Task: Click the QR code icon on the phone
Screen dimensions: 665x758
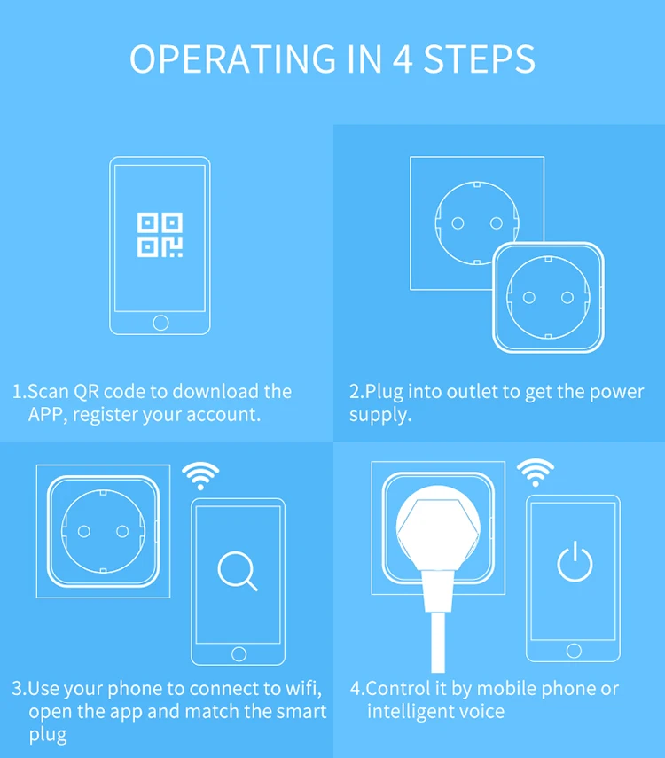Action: pyautogui.click(x=160, y=235)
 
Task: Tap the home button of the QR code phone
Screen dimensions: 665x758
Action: pyautogui.click(x=160, y=323)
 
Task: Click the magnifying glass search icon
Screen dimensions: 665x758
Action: pyautogui.click(x=237, y=571)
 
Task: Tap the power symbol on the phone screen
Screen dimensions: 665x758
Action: pyautogui.click(x=575, y=562)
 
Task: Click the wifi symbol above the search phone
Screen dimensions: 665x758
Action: pyautogui.click(x=200, y=474)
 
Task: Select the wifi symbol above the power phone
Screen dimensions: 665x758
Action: pyautogui.click(x=535, y=472)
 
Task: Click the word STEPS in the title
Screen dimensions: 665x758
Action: pyautogui.click(x=480, y=59)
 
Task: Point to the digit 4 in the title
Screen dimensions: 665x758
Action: pyautogui.click(x=402, y=59)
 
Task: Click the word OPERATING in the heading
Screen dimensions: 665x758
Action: pyautogui.click(x=232, y=59)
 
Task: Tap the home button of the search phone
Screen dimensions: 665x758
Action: pyautogui.click(x=239, y=654)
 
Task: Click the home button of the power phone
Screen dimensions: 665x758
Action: pyautogui.click(x=574, y=651)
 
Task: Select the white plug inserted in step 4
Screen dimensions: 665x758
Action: pyautogui.click(x=438, y=536)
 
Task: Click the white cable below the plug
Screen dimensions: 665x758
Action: pyautogui.click(x=438, y=642)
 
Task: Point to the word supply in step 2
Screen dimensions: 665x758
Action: pyautogui.click(x=380, y=415)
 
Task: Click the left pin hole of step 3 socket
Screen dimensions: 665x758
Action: pyautogui.click(x=83, y=532)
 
